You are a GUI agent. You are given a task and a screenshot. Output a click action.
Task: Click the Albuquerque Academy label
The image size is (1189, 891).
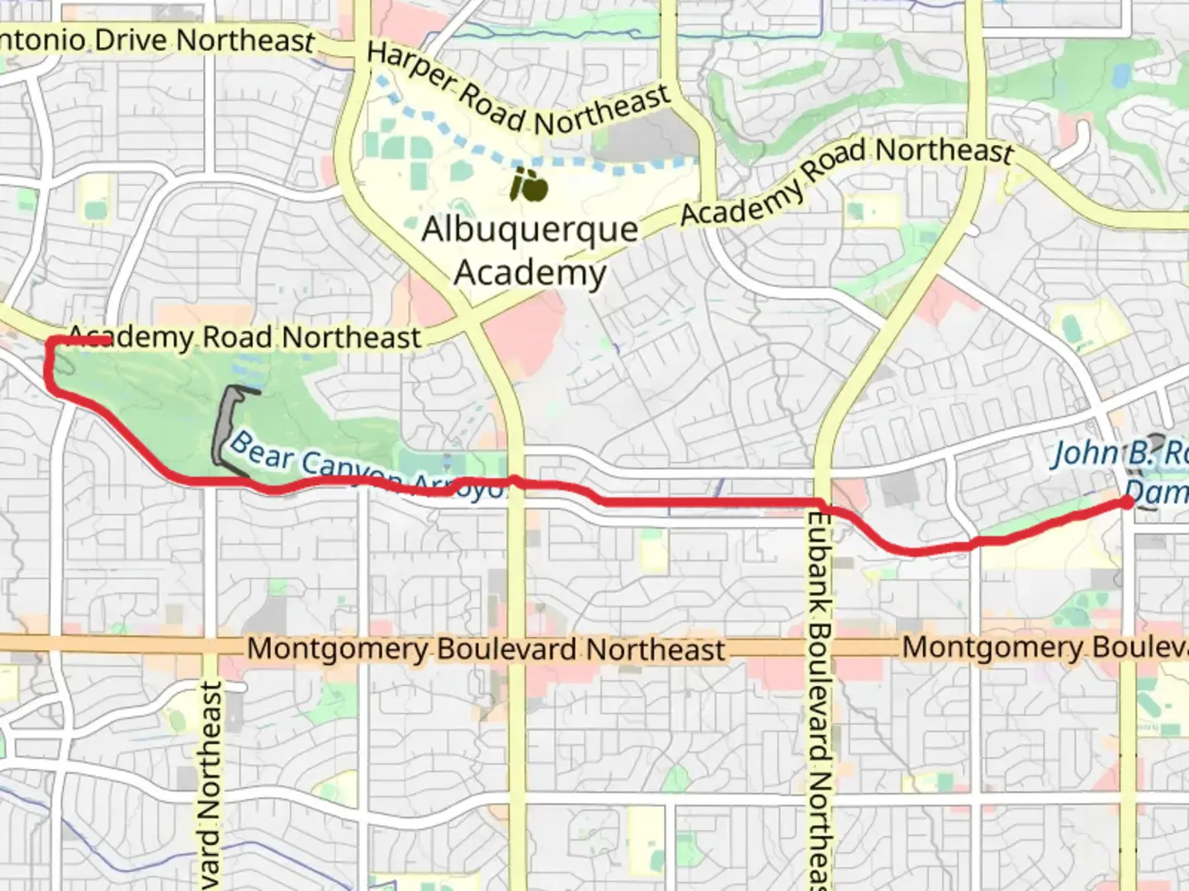[x=530, y=250]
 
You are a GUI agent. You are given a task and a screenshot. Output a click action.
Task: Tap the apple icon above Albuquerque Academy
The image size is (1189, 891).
[x=529, y=186]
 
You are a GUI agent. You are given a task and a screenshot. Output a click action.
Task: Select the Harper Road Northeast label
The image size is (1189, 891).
[x=518, y=90]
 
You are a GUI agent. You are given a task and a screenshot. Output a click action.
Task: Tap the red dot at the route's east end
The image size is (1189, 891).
[x=1127, y=502]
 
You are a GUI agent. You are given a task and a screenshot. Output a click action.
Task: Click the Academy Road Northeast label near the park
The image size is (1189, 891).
[x=244, y=337]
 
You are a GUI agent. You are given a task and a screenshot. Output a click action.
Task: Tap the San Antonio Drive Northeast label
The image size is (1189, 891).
[x=157, y=40]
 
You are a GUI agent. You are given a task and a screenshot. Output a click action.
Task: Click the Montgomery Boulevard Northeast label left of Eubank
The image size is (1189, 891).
[x=486, y=648]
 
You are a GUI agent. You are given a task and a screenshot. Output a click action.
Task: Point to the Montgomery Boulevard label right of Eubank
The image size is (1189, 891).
[x=1045, y=647]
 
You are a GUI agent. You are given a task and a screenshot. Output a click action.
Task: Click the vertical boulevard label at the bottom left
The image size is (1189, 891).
[x=211, y=784]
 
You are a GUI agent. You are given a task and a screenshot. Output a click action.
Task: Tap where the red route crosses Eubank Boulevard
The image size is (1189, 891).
[x=822, y=503]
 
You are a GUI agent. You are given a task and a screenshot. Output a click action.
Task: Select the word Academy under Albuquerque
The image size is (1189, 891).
[x=530, y=271]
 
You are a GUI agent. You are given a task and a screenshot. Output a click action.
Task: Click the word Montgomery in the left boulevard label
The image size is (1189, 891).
[x=337, y=648]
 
